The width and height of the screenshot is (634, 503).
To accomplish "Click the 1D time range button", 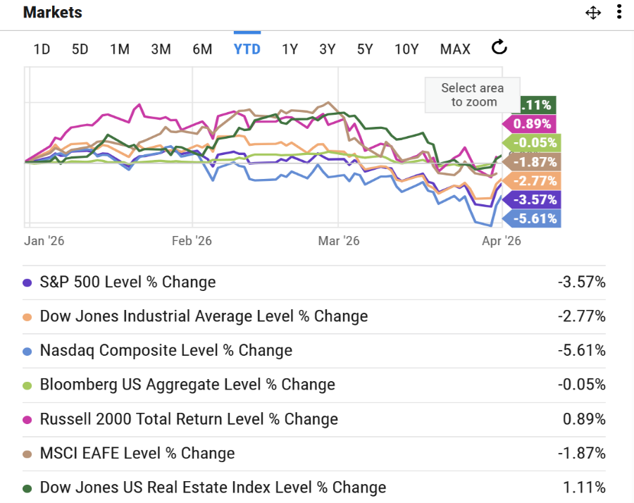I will [42, 49].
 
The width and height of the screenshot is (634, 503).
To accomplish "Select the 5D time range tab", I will [80, 49].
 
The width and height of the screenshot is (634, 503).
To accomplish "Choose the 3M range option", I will [161, 49].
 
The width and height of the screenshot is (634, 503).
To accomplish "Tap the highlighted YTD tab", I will [247, 49].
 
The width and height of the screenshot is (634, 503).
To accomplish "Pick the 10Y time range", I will [406, 49].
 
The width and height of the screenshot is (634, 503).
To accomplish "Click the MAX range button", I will [455, 49].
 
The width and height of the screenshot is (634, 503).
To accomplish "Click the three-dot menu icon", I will [619, 13].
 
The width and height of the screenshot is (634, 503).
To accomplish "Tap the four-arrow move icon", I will [593, 13].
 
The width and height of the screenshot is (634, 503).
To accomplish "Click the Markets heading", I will [52, 13].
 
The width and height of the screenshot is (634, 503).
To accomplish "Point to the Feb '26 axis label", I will [192, 240].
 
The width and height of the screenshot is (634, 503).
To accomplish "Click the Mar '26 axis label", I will [339, 240].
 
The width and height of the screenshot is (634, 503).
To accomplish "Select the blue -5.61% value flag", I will [533, 218].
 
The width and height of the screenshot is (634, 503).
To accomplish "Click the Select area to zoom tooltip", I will [472, 95].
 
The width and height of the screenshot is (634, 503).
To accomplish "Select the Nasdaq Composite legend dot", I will [27, 351].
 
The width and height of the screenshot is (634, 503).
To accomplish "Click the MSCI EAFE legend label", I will [137, 453].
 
